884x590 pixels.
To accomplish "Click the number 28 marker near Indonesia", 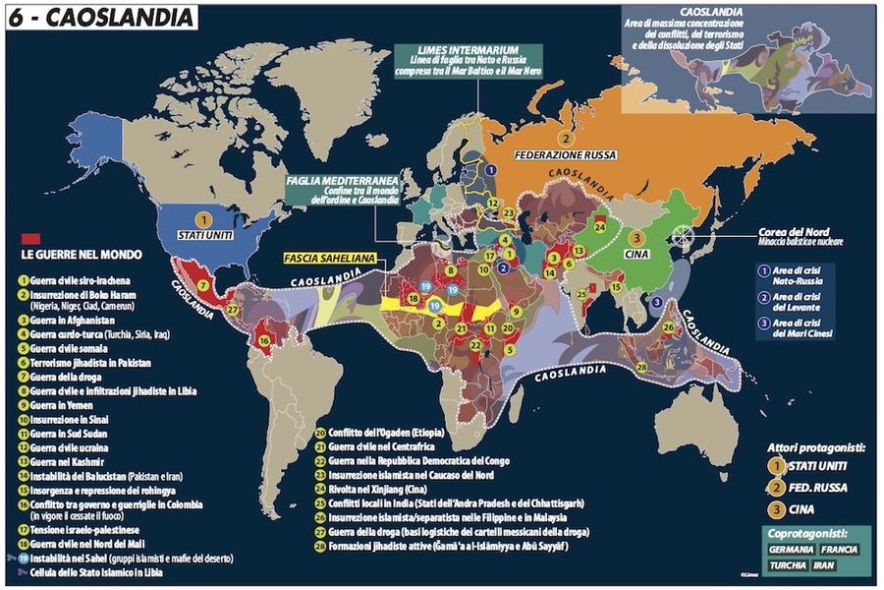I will tap(641, 367).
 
